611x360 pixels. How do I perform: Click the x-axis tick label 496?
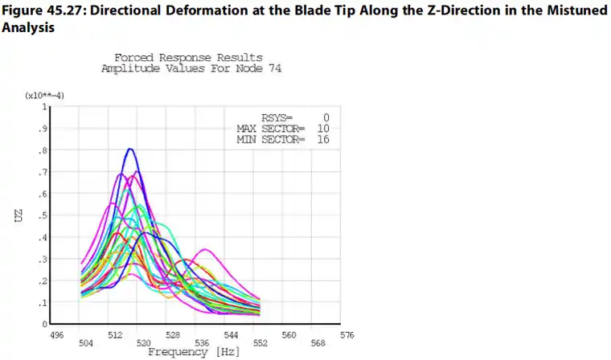(56, 334)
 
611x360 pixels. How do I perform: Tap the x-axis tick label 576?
(347, 334)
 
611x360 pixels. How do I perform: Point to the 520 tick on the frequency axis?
(144, 343)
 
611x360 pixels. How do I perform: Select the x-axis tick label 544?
(231, 334)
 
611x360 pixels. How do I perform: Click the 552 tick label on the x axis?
(260, 343)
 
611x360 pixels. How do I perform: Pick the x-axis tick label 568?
(318, 343)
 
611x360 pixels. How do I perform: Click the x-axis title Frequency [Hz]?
(188, 352)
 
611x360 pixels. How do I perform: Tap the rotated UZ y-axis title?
(18, 215)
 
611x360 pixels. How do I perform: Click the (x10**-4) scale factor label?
(45, 96)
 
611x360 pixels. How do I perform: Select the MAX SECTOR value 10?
(323, 129)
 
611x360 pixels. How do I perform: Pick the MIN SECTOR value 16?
(323, 139)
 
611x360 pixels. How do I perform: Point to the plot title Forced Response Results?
(188, 58)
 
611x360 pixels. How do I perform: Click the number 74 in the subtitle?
(273, 68)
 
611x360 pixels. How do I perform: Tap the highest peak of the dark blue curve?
(129, 149)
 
